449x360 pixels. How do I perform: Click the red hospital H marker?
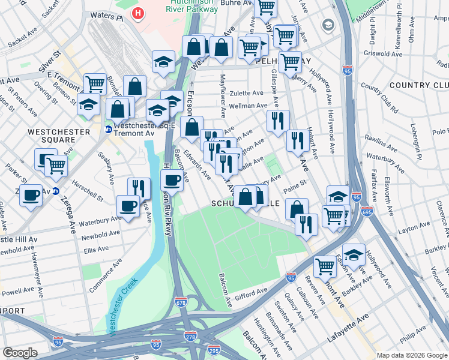tap(139, 13)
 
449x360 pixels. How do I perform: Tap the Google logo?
tap(20, 353)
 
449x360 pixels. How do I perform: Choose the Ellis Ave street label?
tap(96, 248)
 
